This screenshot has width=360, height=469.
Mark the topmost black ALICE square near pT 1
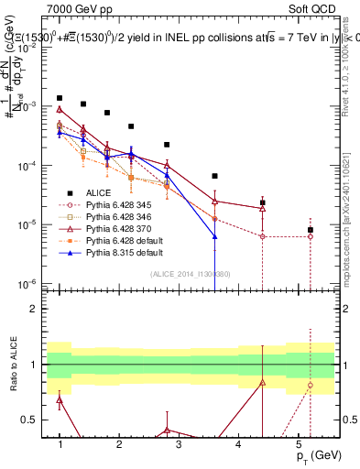coord(60,97)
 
